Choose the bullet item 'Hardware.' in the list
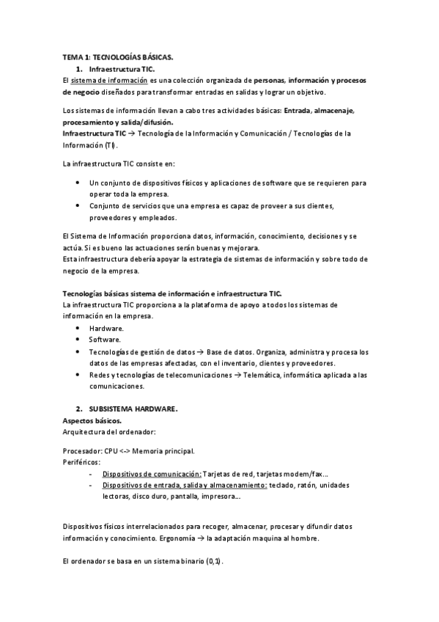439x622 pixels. (x=106, y=329)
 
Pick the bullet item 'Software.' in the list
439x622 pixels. (x=106, y=340)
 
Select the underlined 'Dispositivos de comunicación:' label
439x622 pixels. (x=152, y=474)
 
